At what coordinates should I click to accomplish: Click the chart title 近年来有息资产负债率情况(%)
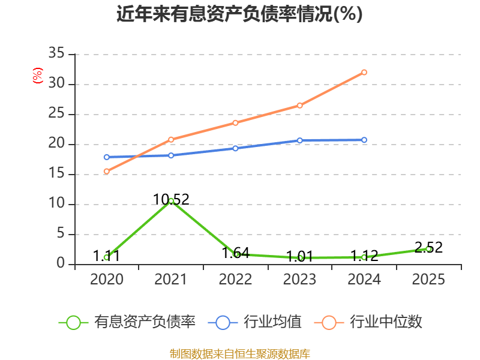coord(239,13)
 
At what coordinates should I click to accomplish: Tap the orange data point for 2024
coord(364,72)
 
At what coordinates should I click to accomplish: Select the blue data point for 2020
coord(107,157)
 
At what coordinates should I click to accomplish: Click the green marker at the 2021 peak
coord(171,201)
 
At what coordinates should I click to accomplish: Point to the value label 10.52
coord(171,200)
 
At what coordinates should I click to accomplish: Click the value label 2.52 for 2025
coord(428,247)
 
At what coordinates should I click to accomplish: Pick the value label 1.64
coord(235,253)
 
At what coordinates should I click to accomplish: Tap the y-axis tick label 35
coord(56,53)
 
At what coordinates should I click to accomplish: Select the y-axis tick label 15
coord(56,173)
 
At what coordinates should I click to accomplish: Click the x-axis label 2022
coord(235,279)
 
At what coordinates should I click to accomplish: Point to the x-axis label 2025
coord(428,279)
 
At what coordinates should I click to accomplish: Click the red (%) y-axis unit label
coord(38,76)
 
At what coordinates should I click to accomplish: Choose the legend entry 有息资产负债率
coord(127,322)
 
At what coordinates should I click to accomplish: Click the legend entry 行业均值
coord(254,322)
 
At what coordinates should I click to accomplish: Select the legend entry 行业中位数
coord(368,322)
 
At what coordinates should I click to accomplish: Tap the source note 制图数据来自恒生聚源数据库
coord(240,354)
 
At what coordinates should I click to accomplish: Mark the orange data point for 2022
coord(235,123)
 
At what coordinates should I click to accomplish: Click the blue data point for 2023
coord(299,140)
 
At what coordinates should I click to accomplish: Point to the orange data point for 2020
coord(107,172)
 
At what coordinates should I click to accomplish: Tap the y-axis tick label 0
coord(61,263)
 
